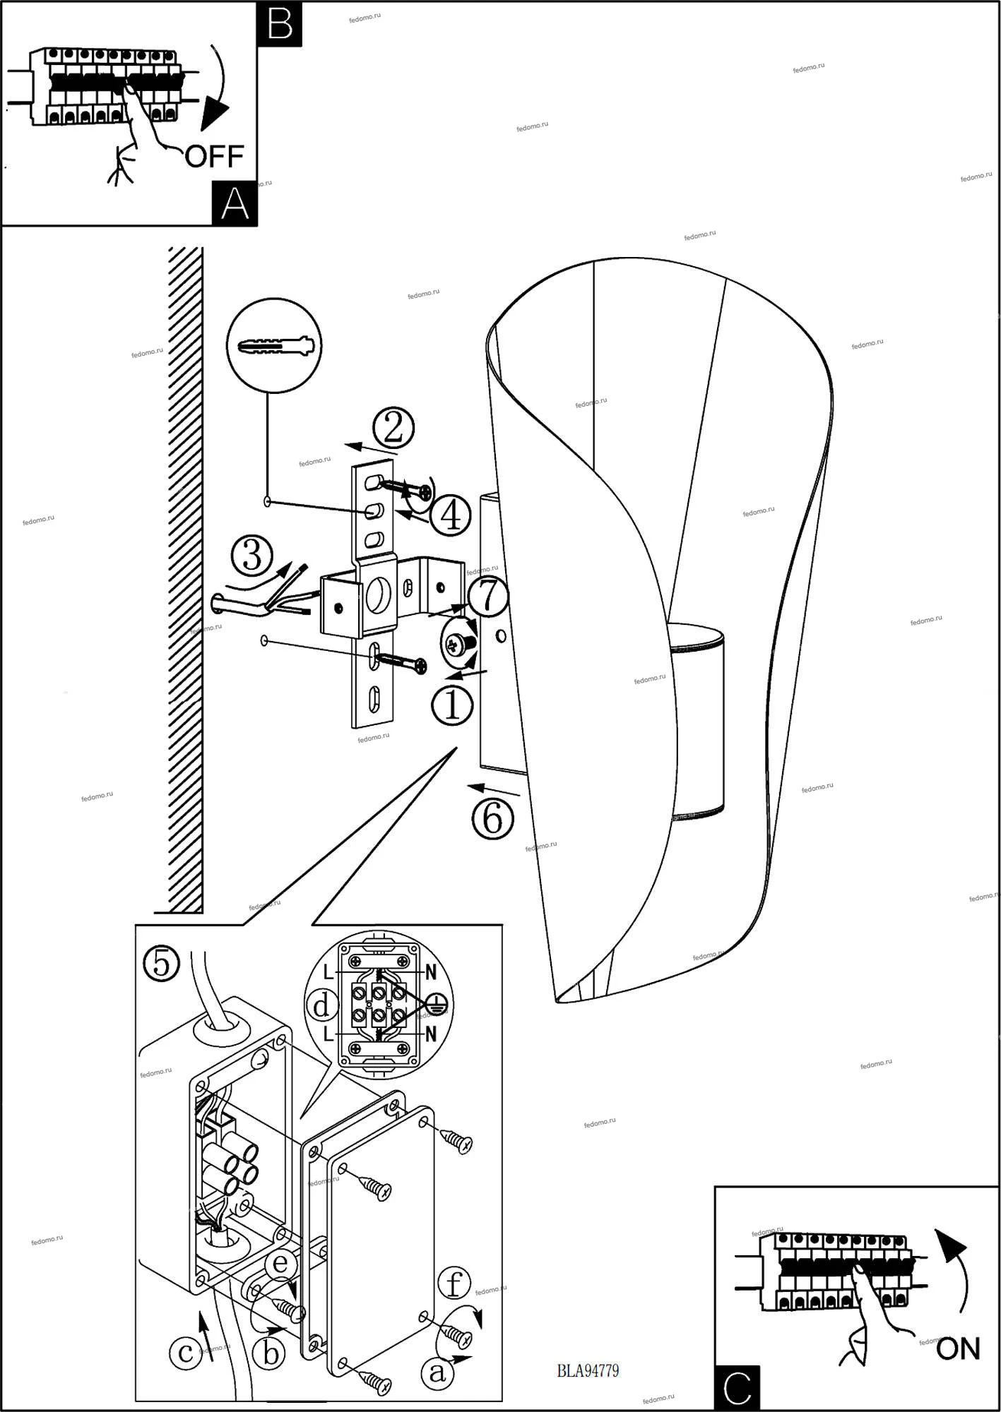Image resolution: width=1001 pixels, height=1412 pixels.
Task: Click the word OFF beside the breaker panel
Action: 214,156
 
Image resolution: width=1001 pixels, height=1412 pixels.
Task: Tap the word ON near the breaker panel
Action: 958,1349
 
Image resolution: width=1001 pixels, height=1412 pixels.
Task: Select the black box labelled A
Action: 235,204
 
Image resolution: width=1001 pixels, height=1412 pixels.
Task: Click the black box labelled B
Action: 280,23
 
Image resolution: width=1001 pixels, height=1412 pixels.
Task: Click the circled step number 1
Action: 452,706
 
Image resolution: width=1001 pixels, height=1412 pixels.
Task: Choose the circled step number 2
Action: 393,429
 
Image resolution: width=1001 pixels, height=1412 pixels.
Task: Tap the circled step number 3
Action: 252,555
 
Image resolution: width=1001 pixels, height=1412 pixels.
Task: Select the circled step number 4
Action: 450,515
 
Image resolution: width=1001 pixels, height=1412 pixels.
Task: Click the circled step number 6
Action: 493,818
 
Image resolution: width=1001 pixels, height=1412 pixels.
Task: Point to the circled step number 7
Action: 487,597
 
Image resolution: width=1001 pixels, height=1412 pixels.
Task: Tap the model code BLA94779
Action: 588,1371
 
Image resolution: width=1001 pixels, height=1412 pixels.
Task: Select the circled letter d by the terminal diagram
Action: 322,1005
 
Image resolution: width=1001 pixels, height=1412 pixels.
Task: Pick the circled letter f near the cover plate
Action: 454,1284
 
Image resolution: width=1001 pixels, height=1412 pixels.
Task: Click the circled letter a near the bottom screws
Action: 438,1372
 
